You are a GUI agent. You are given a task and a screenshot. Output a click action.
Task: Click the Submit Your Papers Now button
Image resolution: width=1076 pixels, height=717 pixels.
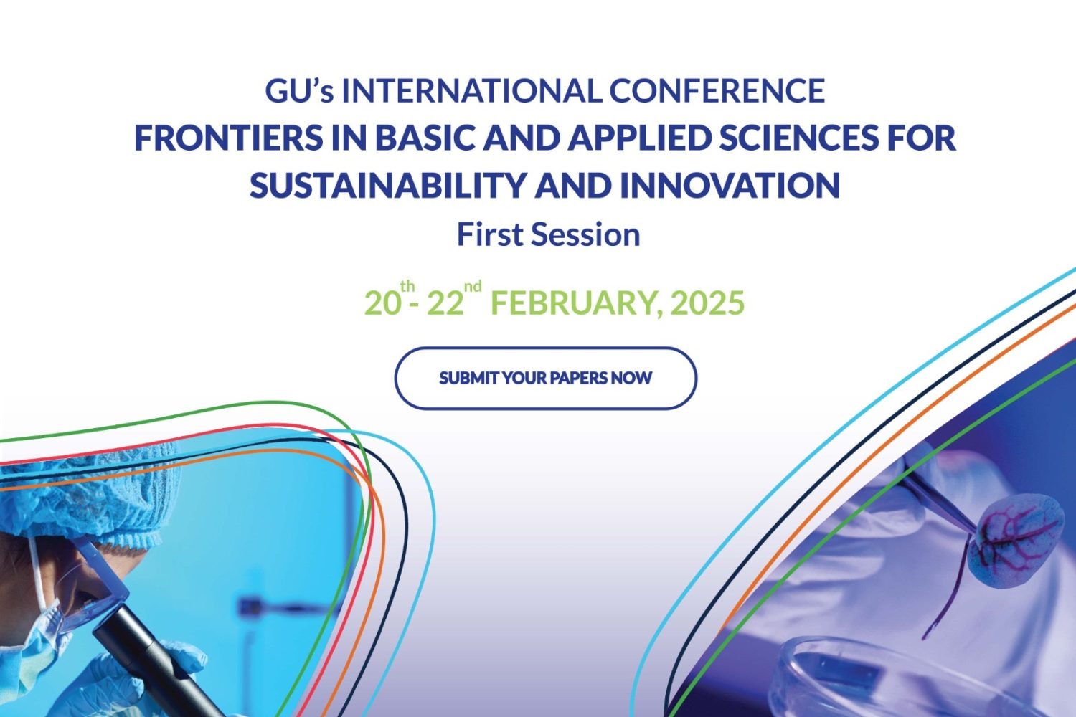tap(546, 378)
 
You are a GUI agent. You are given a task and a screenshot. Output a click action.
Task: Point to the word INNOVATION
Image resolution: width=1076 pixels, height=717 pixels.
tap(730, 185)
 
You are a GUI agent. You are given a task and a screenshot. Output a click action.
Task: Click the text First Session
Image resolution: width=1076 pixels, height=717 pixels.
tap(548, 235)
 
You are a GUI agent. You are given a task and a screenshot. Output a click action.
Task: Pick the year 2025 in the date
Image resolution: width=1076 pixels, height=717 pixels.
tap(707, 303)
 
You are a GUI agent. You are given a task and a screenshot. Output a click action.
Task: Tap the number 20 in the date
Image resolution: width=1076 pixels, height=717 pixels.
tap(382, 303)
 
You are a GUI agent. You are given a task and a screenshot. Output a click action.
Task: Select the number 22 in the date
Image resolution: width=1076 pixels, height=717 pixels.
tap(445, 303)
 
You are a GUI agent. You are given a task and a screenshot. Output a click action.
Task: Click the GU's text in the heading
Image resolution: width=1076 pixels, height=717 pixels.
tap(299, 91)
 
